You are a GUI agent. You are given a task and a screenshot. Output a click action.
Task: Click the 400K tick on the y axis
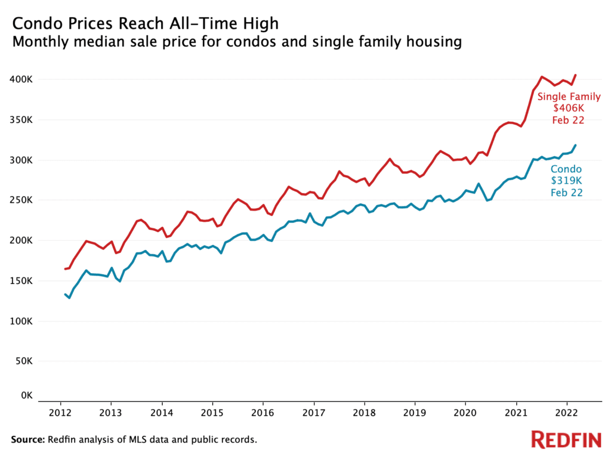coord(21,79)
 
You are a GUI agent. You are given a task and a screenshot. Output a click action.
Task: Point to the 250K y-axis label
coord(21,200)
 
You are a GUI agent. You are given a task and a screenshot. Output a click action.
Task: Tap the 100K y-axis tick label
coord(21,321)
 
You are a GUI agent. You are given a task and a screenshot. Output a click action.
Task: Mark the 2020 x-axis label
coord(465,412)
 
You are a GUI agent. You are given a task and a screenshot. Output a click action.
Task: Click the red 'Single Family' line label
coord(569,97)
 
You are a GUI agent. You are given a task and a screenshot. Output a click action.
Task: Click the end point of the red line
coord(575,75)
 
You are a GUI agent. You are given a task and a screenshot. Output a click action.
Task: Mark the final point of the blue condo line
coord(575,145)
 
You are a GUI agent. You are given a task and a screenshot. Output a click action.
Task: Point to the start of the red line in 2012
coord(65,269)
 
